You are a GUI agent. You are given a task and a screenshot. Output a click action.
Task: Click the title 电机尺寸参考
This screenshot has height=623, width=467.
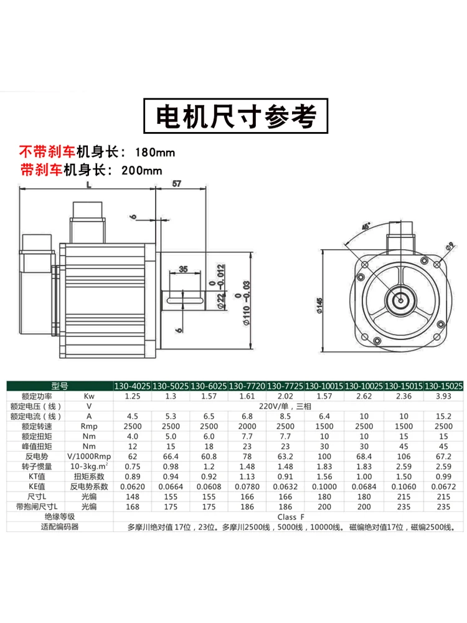pyautogui.click(x=233, y=116)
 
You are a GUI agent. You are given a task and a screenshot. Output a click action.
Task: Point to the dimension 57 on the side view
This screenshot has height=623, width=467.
pyautogui.click(x=176, y=184)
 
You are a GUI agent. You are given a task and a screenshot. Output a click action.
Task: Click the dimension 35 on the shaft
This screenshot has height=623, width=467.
pyautogui.click(x=182, y=269)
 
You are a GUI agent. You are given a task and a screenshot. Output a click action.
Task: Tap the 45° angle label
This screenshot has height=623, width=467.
pyautogui.click(x=365, y=225)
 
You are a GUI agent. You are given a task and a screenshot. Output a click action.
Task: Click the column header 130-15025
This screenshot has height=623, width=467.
pyautogui.click(x=443, y=386)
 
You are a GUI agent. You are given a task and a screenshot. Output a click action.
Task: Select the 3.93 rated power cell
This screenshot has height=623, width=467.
pyautogui.click(x=443, y=396)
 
